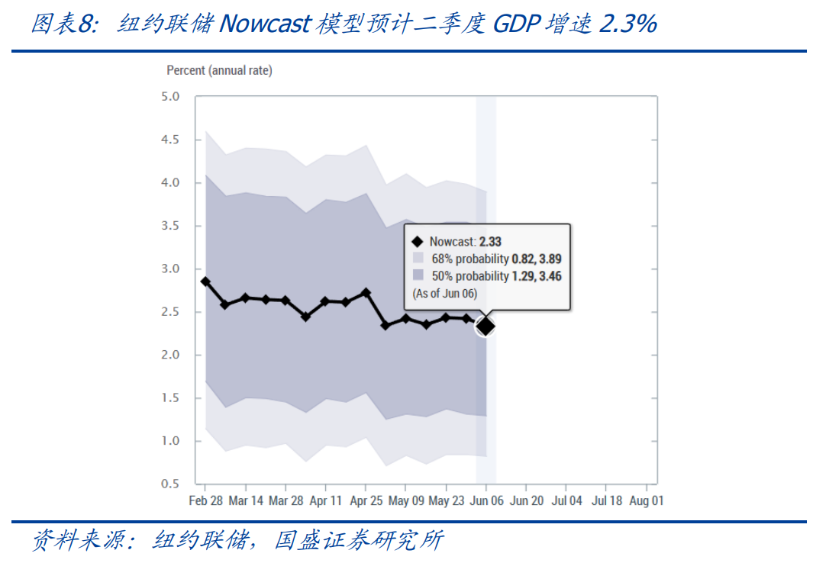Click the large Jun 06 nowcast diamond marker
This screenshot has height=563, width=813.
click(x=486, y=327)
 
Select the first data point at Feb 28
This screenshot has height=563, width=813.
click(x=205, y=281)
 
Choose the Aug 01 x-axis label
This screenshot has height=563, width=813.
click(x=646, y=501)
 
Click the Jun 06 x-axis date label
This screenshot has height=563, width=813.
click(x=486, y=501)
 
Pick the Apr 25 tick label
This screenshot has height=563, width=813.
click(x=365, y=501)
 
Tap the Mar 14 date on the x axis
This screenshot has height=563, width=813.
click(x=245, y=501)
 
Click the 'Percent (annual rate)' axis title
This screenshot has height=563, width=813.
click(x=219, y=70)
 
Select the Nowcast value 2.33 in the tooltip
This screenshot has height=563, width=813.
click(x=490, y=242)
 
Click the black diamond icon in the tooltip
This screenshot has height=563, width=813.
click(x=417, y=242)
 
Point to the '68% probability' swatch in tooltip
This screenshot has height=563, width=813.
click(x=417, y=259)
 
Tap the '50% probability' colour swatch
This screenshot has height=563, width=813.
click(x=417, y=275)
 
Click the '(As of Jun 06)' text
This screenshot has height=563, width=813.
click(x=444, y=293)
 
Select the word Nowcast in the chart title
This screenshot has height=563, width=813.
click(x=263, y=24)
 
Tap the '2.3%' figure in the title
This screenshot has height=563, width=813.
click(x=627, y=24)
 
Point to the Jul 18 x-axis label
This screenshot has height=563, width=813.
click(x=606, y=501)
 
